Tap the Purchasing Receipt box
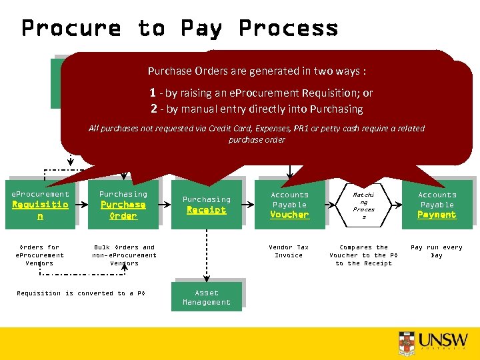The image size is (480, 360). pos(207,205)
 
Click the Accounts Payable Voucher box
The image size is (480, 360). pos(289,205)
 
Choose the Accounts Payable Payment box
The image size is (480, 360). pos(437,205)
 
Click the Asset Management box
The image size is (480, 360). pos(207,297)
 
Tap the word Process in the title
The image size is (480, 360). pos(288,28)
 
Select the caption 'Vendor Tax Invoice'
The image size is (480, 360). pos(289,251)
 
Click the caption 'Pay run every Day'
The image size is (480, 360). pos(436,251)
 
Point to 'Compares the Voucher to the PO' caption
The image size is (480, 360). pos(364,255)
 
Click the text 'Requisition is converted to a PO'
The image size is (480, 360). pos(81,293)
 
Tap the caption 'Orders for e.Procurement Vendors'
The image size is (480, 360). pos(40,255)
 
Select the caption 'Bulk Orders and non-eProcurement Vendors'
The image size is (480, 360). pos(125,255)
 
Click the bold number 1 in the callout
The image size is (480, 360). pos(153,93)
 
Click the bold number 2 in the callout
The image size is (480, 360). pos(155,109)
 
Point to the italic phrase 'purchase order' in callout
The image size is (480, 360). pos(257,140)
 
